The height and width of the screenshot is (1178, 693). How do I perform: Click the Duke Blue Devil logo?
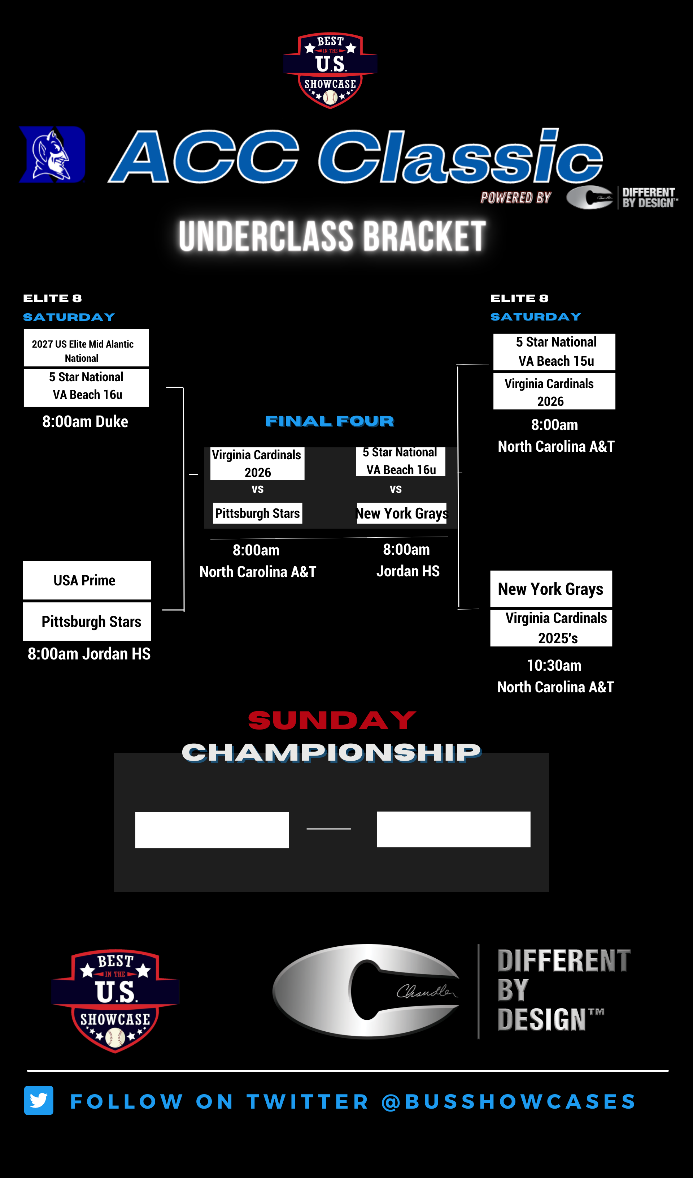(52, 154)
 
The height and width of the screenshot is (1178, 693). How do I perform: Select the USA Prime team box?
(87, 580)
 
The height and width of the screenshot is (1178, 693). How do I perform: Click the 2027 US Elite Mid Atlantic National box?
(86, 348)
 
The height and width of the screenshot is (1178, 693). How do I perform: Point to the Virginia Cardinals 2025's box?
(551, 628)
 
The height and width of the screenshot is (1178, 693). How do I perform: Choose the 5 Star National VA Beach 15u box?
(554, 352)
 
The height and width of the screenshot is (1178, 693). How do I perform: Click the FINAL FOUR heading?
(330, 421)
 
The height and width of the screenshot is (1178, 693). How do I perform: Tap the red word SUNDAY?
(332, 721)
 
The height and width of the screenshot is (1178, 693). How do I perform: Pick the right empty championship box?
(453, 829)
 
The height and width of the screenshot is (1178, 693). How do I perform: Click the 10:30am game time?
(554, 665)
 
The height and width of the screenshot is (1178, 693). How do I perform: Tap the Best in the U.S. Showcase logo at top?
(330, 70)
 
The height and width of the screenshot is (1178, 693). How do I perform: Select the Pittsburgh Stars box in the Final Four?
(257, 513)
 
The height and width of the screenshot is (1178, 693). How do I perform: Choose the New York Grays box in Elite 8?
(551, 589)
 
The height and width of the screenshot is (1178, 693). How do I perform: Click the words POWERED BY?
(515, 198)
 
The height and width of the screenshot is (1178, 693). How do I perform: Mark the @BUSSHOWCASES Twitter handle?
(509, 1101)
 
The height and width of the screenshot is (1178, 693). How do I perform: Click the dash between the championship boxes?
(329, 829)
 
